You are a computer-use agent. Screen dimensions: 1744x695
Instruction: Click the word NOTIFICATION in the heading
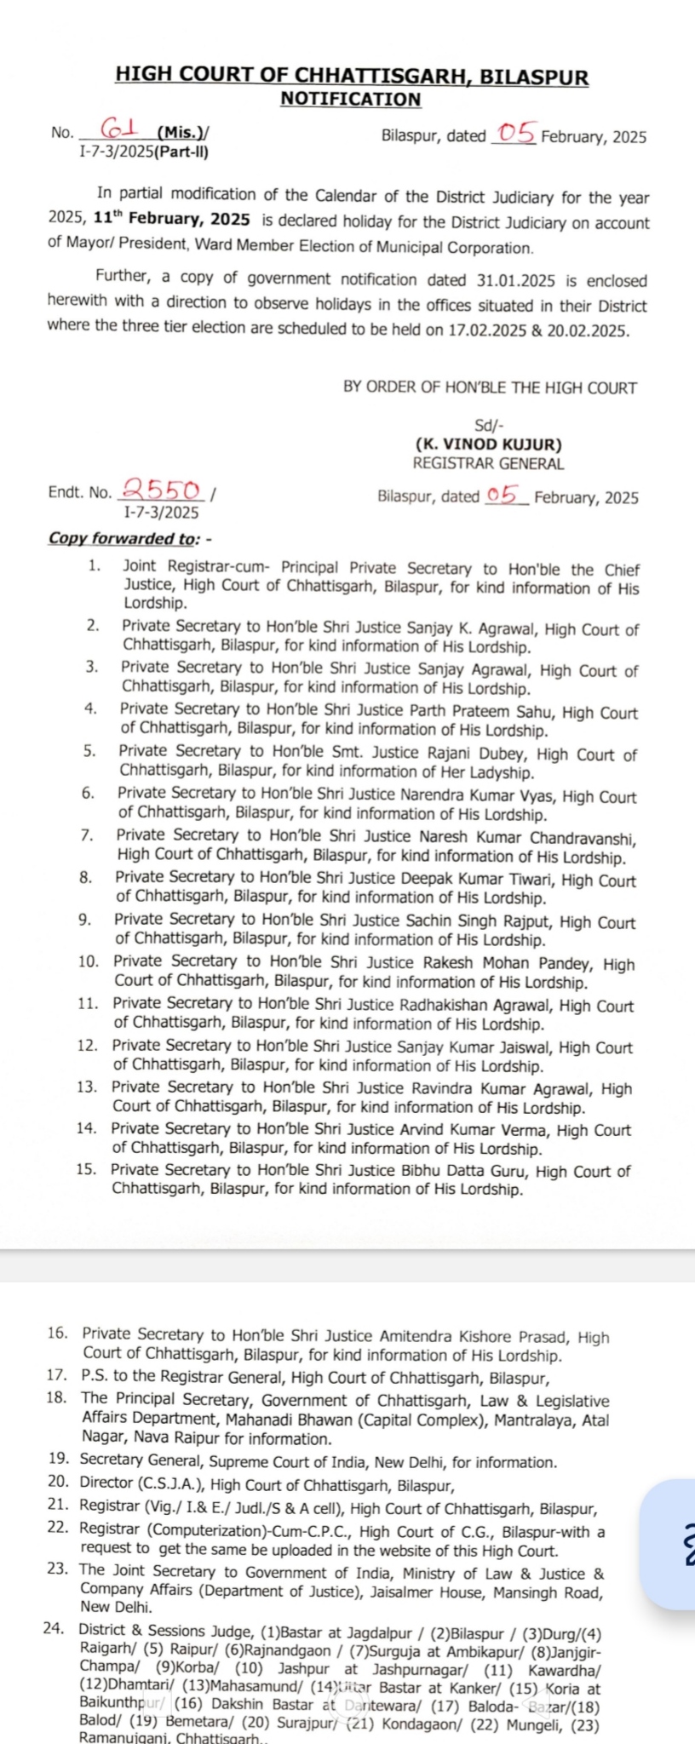coord(350,99)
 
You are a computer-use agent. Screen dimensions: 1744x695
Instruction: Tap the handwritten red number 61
coord(120,129)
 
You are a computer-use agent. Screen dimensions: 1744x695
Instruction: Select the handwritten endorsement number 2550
coord(163,490)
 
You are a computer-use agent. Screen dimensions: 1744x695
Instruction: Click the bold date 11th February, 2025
coord(171,220)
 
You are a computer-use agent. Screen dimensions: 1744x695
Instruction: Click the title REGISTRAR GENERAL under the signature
coord(488,464)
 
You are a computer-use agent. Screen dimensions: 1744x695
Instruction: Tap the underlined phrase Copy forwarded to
coord(123,538)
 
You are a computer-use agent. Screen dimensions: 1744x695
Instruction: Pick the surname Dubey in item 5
coord(504,754)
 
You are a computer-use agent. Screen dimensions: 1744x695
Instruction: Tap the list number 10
coord(88,961)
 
